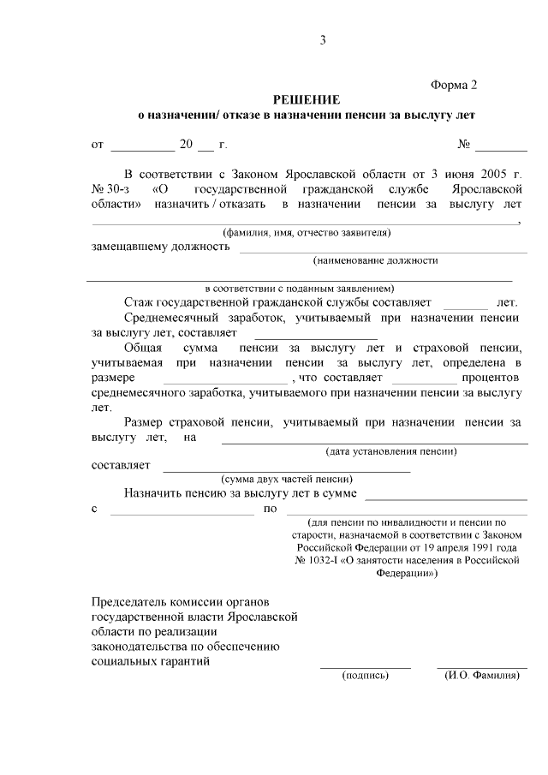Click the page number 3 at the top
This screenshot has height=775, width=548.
[x=323, y=40]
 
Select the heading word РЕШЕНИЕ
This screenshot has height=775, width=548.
[x=307, y=99]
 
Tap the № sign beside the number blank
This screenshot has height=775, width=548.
[x=465, y=145]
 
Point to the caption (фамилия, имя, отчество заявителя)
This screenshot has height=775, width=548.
[x=307, y=232]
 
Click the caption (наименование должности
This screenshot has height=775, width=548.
[x=376, y=260]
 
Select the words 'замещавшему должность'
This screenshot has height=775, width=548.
[x=160, y=247]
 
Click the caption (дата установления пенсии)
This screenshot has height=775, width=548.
[x=390, y=451]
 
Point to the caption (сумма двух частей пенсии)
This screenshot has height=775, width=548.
[x=287, y=480]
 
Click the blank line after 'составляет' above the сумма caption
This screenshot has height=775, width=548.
[x=286, y=470]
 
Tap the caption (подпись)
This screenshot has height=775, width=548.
[x=366, y=675]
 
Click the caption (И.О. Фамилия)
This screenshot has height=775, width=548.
[x=482, y=675]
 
